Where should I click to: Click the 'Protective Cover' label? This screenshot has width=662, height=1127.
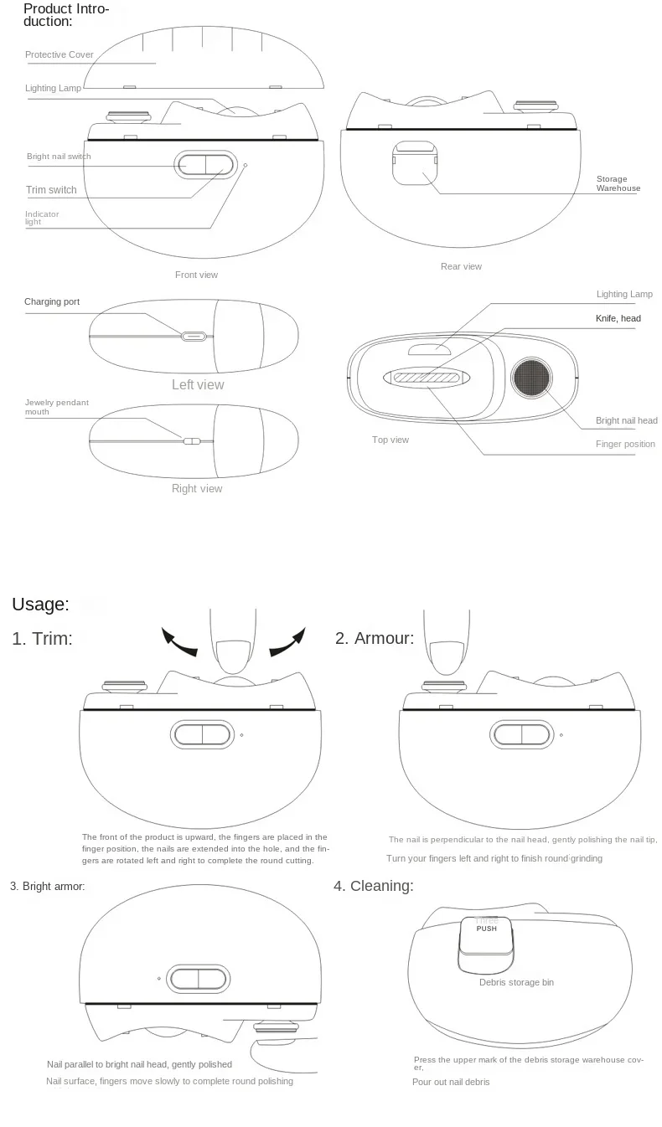click(x=59, y=55)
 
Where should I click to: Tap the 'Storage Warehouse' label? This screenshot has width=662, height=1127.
click(x=618, y=184)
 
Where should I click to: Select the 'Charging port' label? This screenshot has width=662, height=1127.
click(x=52, y=301)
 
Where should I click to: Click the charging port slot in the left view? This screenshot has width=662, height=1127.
click(x=194, y=337)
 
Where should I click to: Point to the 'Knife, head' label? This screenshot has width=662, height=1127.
click(x=618, y=319)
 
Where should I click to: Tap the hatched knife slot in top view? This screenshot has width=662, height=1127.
click(x=424, y=378)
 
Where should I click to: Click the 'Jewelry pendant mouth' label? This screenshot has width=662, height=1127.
click(x=56, y=408)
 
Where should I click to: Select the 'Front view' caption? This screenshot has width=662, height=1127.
click(x=196, y=275)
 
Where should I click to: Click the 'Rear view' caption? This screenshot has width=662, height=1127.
click(x=461, y=266)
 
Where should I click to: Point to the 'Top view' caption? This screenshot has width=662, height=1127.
click(x=390, y=440)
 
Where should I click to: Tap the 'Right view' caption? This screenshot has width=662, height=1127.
click(x=197, y=489)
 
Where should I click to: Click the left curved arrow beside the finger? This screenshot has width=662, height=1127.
click(x=179, y=643)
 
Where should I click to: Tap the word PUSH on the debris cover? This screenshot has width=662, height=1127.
click(x=486, y=929)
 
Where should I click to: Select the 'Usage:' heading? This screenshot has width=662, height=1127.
click(x=40, y=605)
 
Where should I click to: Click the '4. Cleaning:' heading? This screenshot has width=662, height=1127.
click(x=373, y=886)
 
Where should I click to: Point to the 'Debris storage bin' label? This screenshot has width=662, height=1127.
click(x=516, y=982)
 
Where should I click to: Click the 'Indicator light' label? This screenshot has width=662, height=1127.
click(x=42, y=218)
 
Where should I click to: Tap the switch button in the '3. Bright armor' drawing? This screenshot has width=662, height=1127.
click(x=199, y=978)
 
